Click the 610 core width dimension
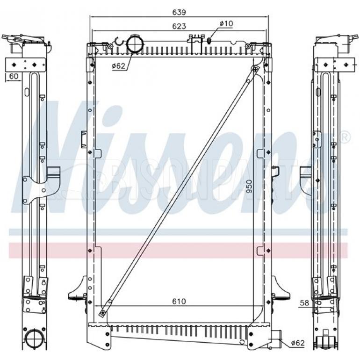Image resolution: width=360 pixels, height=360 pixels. coord(179,302)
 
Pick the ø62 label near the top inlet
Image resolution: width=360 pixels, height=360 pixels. coord(118,66)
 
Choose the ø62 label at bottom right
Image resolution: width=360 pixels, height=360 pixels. coord(297,343)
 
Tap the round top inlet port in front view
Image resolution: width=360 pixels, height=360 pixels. coord(135,44)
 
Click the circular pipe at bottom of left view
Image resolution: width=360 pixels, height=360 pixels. coord(34,338)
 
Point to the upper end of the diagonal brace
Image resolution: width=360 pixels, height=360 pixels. coord(254,70)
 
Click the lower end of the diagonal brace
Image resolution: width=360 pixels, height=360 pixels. coord(103,312)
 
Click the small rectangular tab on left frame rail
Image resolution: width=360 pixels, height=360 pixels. coord(83,138)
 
